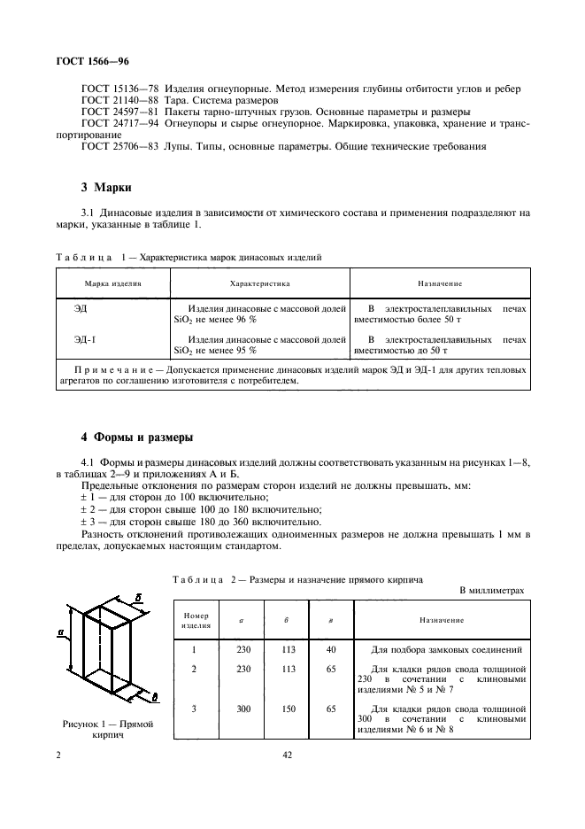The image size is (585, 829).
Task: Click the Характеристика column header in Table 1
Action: [259, 283]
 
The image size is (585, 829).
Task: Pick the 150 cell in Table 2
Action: [288, 709]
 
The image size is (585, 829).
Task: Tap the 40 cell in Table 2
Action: [330, 649]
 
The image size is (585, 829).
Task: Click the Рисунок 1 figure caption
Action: [108, 729]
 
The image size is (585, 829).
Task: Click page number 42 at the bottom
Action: [287, 755]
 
